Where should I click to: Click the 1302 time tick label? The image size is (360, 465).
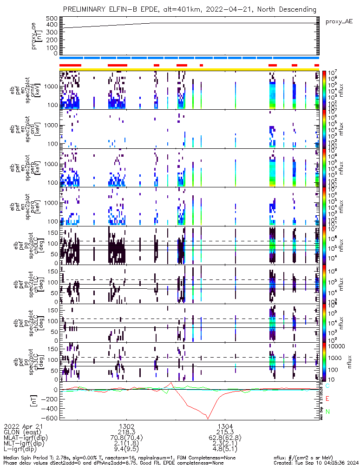(x=127, y=425)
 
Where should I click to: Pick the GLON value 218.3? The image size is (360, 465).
(x=127, y=432)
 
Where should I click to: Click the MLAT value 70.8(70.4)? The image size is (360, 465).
(x=127, y=438)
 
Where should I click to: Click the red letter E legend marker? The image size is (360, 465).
(x=327, y=399)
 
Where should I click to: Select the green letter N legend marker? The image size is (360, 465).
(x=327, y=412)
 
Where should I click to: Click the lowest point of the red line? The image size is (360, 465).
(x=208, y=418)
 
